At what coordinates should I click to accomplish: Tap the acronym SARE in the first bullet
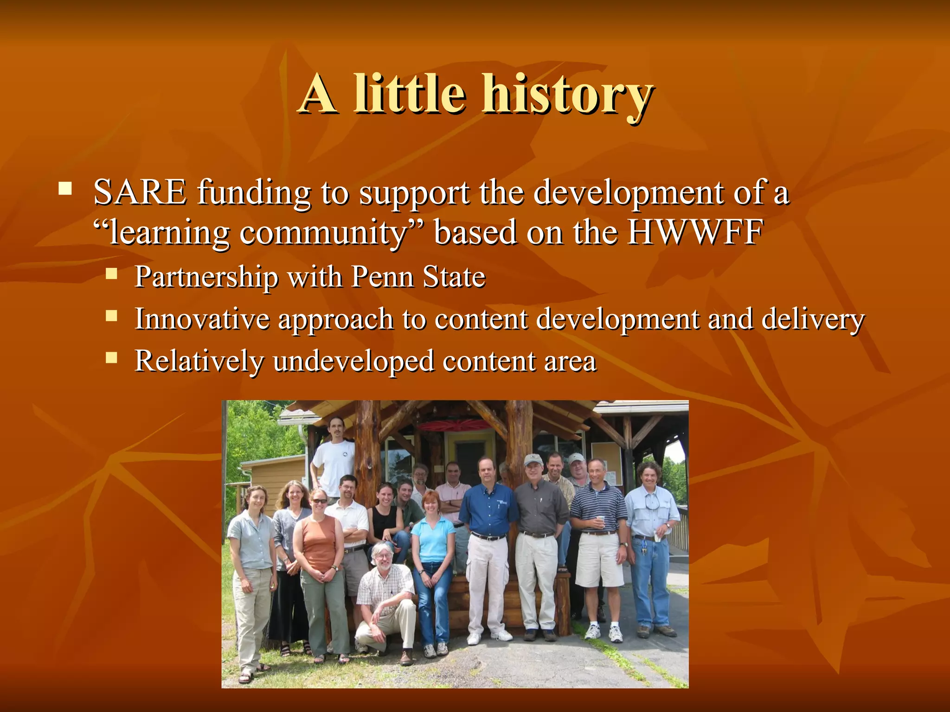pyautogui.click(x=140, y=192)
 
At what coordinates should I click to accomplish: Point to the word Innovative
pyautogui.click(x=202, y=319)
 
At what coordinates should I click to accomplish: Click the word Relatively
pyautogui.click(x=199, y=361)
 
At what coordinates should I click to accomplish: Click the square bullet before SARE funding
pyautogui.click(x=65, y=189)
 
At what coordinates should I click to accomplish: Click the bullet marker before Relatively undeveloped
pyautogui.click(x=111, y=357)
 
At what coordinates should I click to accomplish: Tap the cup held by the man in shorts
pyautogui.click(x=601, y=520)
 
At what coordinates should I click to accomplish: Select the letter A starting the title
pyautogui.click(x=318, y=95)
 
